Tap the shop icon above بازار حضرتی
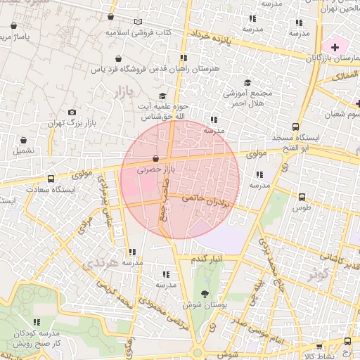click(x=155, y=159)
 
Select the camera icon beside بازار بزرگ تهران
click(x=72, y=112)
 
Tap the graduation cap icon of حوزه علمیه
click(x=162, y=96)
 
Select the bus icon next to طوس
click(x=302, y=198)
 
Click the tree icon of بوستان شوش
click(x=205, y=293)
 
